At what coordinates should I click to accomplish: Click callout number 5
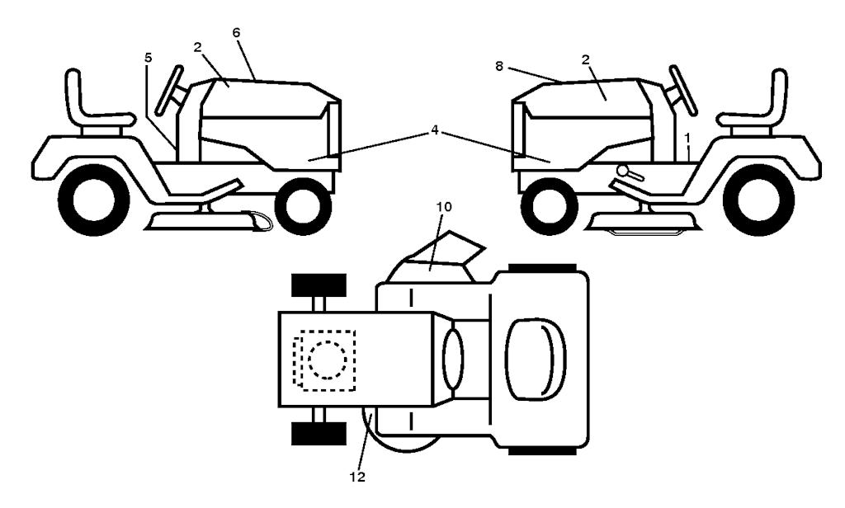click(x=149, y=57)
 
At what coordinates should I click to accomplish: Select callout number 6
click(x=236, y=32)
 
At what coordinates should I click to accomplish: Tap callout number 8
click(x=499, y=66)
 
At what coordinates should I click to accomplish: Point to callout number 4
click(x=434, y=131)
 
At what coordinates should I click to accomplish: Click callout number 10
click(x=445, y=206)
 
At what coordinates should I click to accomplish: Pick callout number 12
click(x=357, y=477)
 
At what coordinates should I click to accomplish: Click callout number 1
click(x=687, y=139)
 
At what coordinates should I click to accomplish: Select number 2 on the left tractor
click(x=197, y=47)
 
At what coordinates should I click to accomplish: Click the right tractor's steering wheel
click(x=682, y=91)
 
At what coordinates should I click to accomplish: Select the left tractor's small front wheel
click(x=303, y=206)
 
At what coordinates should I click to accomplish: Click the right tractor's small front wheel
click(x=550, y=207)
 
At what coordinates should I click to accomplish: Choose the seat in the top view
click(x=535, y=360)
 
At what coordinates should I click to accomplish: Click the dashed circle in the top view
click(x=328, y=360)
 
